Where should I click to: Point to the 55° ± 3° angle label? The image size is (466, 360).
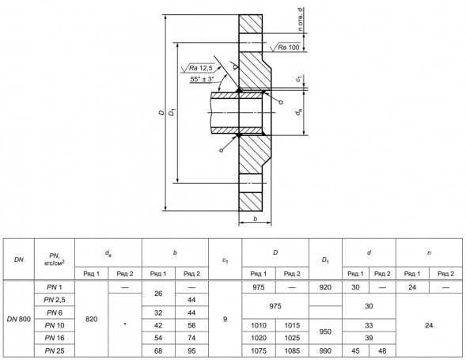[202, 79]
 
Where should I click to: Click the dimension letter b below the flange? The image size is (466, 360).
[255, 219]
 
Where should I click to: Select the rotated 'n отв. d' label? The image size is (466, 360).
[301, 20]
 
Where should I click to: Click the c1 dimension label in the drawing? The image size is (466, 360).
[299, 79]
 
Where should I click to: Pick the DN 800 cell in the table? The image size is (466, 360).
[19, 319]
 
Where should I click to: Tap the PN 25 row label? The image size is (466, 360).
[55, 351]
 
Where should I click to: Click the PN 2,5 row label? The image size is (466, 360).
[55, 300]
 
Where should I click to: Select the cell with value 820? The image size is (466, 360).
[91, 319]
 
